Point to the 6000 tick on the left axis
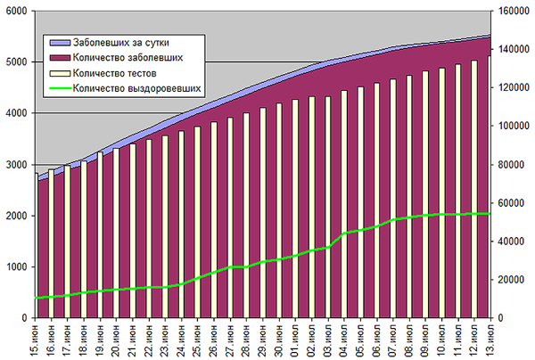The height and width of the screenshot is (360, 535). click(15, 12)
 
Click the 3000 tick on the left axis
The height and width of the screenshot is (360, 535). click(15, 165)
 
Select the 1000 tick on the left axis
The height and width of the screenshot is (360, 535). click(15, 266)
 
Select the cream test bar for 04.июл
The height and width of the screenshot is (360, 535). click(344, 204)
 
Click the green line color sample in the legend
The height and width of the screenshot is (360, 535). click(60, 88)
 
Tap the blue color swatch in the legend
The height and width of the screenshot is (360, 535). click(60, 43)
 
